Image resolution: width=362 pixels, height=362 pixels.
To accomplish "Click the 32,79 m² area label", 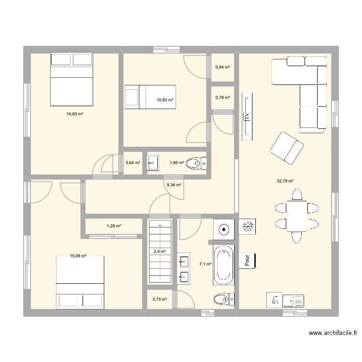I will (x=285, y=181).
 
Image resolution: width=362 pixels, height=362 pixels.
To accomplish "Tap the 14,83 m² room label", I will (x=75, y=114).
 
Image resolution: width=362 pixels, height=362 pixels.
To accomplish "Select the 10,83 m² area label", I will (x=165, y=100).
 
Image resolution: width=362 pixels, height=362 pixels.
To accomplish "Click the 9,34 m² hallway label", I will (x=174, y=184).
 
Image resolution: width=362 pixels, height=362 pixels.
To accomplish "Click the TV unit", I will (x=247, y=115).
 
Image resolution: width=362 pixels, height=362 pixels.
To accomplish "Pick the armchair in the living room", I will (x=287, y=147).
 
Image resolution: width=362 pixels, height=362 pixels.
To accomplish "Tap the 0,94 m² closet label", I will (x=223, y=68).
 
